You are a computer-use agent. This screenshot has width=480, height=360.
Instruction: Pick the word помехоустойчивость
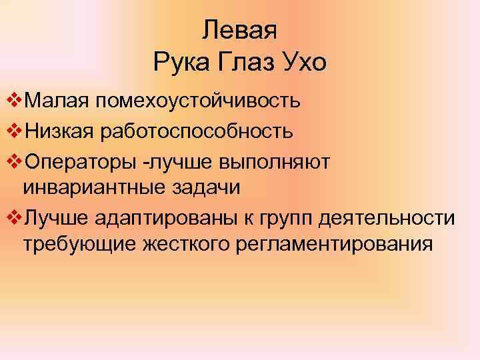196,103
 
